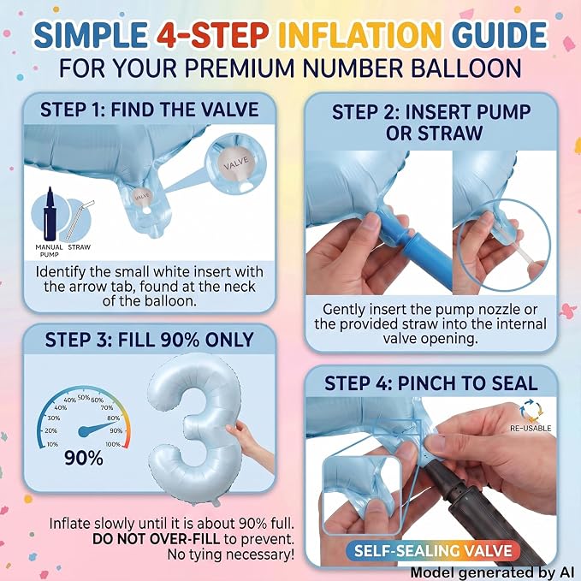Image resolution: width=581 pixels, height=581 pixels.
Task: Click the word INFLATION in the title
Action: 362,35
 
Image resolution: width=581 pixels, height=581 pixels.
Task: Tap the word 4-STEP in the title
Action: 212,35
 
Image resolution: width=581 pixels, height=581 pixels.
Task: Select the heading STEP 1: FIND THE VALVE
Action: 150,110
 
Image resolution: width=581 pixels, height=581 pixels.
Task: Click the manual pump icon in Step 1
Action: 50,214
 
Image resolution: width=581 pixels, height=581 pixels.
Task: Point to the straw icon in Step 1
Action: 80,220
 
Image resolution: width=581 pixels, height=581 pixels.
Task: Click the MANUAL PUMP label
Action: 50,251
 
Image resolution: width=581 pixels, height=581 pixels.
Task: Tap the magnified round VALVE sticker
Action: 236,163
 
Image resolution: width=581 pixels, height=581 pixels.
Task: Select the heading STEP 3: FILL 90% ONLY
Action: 150,340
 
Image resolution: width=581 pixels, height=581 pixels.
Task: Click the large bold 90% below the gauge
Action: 84,458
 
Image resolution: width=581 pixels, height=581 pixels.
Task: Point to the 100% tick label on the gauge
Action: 113,444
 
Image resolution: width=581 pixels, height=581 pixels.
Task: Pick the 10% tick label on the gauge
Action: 52,444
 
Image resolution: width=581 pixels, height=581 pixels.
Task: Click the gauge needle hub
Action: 84,431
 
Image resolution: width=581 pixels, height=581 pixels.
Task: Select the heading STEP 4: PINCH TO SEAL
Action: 431,383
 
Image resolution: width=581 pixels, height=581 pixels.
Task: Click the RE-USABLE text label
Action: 531,428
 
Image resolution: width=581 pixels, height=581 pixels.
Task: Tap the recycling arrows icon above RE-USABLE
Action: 531,410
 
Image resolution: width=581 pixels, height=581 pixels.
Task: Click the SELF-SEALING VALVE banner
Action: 433,550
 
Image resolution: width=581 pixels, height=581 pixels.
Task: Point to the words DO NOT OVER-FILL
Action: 156,539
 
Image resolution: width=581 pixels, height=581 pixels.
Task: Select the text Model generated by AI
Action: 493,573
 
